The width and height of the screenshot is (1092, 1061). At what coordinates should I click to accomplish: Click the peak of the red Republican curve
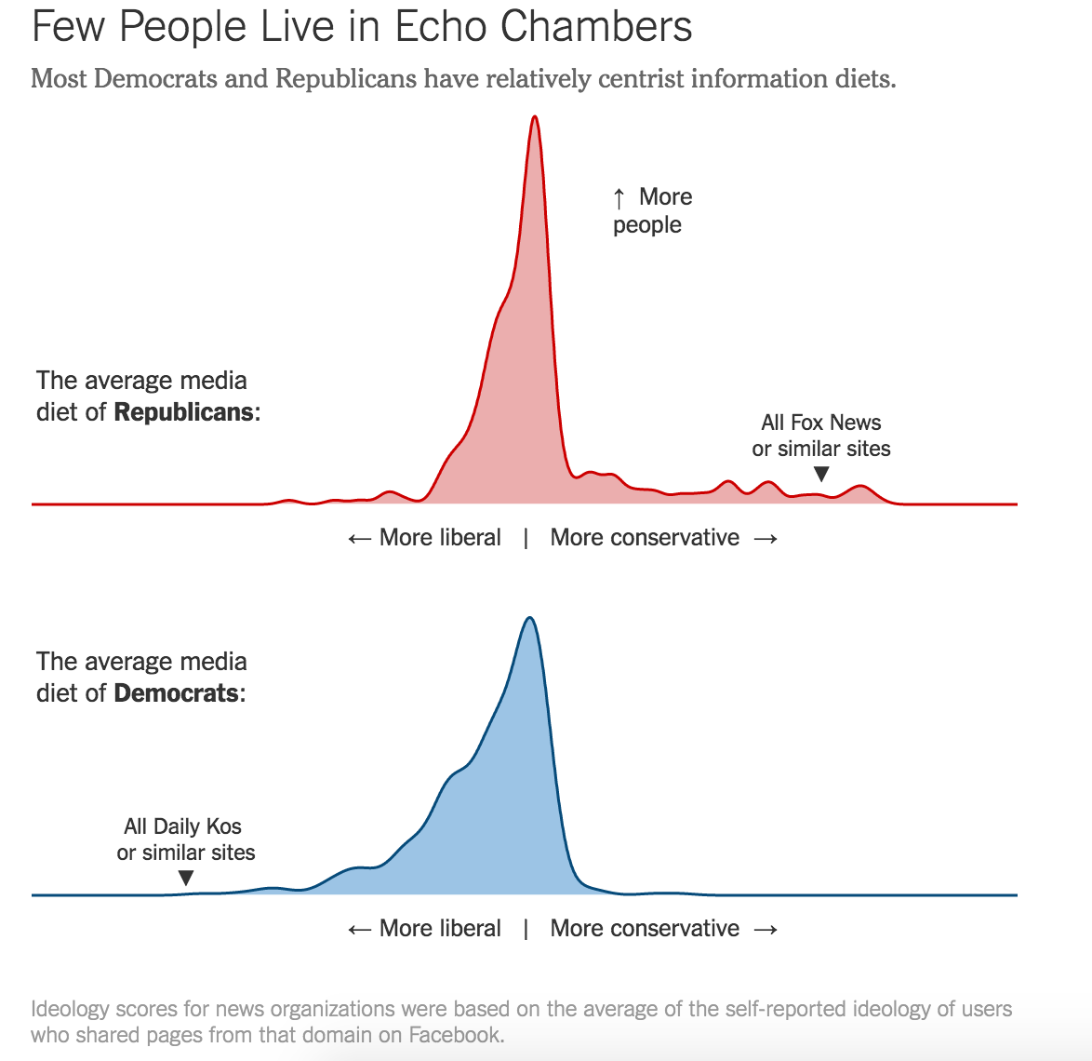pos(534,117)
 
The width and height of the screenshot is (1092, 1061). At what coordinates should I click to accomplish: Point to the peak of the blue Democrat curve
pos(529,618)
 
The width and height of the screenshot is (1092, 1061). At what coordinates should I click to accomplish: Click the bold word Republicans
pos(184,412)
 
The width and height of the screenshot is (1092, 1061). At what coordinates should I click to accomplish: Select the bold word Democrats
pos(177,693)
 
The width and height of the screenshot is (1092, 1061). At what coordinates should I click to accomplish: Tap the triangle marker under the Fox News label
pos(821,475)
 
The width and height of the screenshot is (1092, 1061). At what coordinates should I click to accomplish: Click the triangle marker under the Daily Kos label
pos(186,878)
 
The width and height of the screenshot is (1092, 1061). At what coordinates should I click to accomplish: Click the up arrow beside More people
pos(619,198)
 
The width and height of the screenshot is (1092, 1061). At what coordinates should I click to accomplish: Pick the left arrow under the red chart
pos(359,539)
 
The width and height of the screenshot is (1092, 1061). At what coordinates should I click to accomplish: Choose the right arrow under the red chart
pos(765,539)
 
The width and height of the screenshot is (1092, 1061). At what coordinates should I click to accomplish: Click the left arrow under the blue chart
pos(359,930)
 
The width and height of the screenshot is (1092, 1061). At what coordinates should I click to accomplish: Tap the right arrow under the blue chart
pos(765,930)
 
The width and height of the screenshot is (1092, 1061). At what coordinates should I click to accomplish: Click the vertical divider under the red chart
pos(526,538)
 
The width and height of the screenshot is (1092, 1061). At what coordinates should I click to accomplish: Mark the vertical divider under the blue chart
pos(526,929)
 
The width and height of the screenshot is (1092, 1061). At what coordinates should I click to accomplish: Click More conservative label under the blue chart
pos(645,929)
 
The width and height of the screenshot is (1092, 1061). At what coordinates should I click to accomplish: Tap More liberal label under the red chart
pos(440,538)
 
